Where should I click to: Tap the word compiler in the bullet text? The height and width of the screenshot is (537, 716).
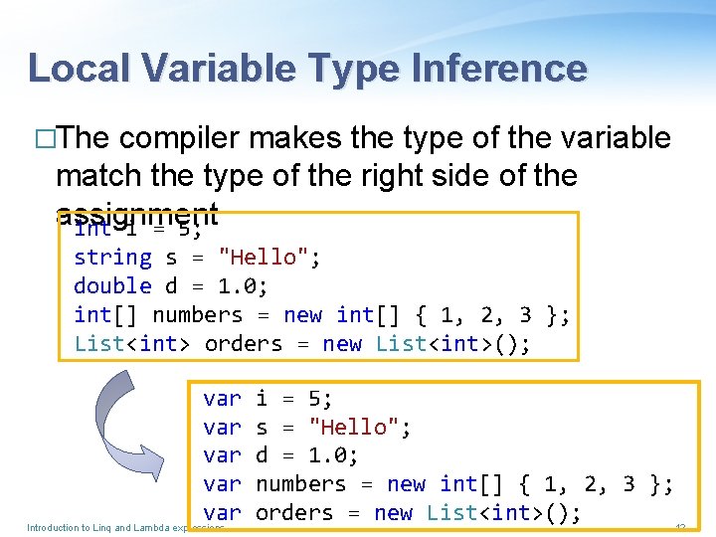[x=183, y=138]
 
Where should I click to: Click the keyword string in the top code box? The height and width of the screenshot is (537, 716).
[x=112, y=258]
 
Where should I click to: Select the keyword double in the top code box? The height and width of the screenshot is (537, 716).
[x=112, y=286]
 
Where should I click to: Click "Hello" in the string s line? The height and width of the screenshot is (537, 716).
[x=263, y=258]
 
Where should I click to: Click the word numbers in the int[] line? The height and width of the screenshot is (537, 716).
[x=197, y=315]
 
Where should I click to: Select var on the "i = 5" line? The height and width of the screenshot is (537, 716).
[x=222, y=399]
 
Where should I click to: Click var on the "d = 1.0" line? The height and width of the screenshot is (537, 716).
[x=222, y=455]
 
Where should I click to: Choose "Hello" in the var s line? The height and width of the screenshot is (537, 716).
[x=354, y=428]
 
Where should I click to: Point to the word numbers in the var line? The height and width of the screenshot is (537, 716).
[x=301, y=484]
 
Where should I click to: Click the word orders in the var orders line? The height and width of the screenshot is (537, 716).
[x=294, y=513]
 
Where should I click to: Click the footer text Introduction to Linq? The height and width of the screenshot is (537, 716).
[x=80, y=527]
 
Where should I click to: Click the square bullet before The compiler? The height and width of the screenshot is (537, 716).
[x=42, y=139]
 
